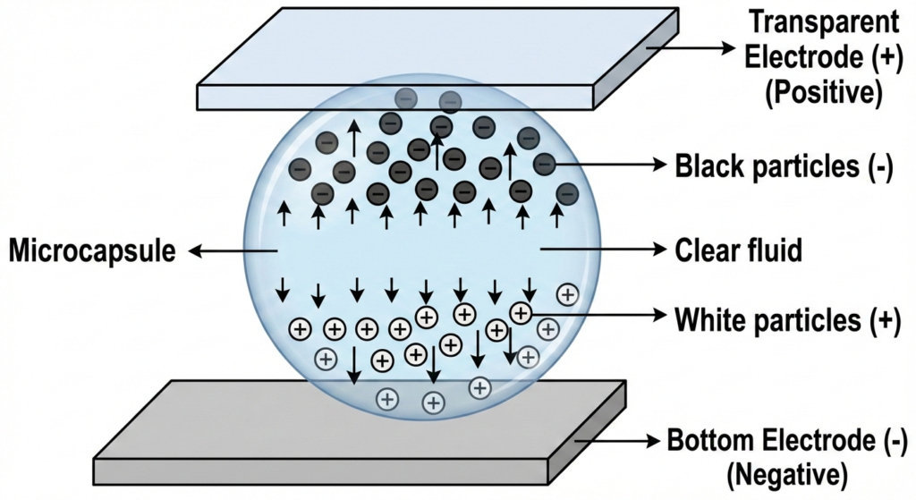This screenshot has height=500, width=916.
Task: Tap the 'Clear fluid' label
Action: tap(740, 251)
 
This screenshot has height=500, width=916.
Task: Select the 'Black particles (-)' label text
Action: tap(784, 165)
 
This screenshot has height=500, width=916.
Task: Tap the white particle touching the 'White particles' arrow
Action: tap(521, 312)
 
